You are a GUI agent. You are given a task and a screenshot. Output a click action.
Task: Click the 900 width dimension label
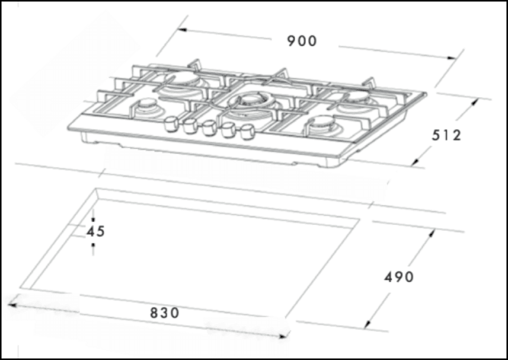click(x=302, y=41)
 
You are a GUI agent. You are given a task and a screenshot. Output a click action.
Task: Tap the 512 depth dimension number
click(x=447, y=135)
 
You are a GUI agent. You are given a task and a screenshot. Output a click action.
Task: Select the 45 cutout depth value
click(x=96, y=231)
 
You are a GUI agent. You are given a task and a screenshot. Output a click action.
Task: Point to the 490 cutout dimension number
click(x=399, y=277)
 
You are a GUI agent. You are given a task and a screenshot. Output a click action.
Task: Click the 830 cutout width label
click(x=165, y=313)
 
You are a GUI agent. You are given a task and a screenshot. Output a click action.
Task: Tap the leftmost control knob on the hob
click(x=171, y=123)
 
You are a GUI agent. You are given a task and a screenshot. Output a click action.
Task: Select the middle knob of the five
click(x=208, y=129)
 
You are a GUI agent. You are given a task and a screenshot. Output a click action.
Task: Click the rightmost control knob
click(x=247, y=133)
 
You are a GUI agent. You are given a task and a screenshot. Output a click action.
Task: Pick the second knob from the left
click(x=190, y=126)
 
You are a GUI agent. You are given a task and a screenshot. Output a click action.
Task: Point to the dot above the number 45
click(x=93, y=219)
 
